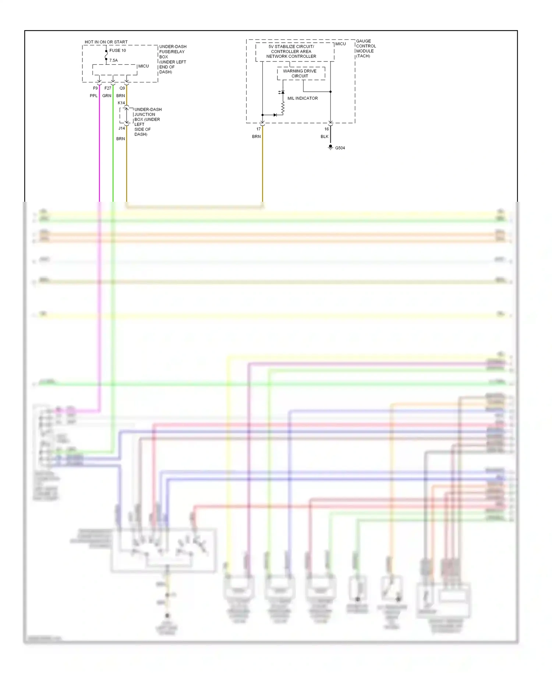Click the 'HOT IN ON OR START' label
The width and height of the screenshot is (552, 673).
[106, 42]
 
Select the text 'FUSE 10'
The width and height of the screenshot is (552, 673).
[117, 50]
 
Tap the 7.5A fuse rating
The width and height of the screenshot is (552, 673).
[113, 60]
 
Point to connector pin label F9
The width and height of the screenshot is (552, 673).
[95, 88]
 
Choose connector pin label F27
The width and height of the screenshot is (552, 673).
[107, 88]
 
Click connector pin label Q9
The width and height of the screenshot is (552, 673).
[122, 88]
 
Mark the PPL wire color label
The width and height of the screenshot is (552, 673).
[93, 96]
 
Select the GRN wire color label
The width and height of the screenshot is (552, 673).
[107, 96]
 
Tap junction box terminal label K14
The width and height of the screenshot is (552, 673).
[121, 103]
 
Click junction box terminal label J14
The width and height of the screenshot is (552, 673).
[121, 128]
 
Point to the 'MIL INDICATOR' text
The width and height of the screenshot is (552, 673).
[302, 98]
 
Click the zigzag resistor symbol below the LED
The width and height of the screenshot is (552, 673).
[283, 108]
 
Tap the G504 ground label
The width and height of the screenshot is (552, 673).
[340, 148]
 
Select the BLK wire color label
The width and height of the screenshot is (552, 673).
[324, 137]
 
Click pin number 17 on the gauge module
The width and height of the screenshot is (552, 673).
[258, 129]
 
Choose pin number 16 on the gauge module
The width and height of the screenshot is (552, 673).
[326, 129]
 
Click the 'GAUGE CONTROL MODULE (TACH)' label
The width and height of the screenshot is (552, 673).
[366, 49]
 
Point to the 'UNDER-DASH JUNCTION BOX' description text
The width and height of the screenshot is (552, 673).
[147, 122]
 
